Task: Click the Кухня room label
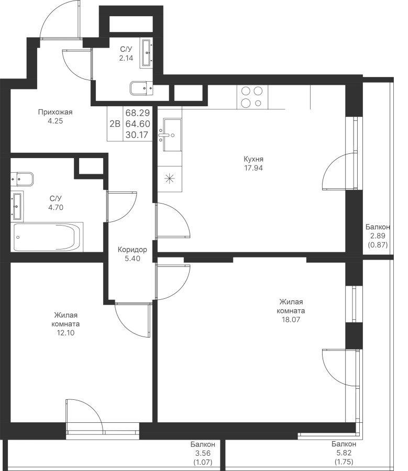pos(253,159)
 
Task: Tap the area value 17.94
pos(253,168)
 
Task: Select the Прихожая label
pos(56,113)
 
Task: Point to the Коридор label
pos(133,250)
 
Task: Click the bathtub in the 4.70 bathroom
pos(47,237)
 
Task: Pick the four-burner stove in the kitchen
pos(252,97)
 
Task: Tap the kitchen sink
pos(172,134)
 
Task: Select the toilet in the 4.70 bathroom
pos(22,180)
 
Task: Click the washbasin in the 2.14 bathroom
pos(147,53)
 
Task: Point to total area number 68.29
pos(137,113)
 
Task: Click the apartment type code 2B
pos(115,124)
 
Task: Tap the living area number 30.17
pos(137,135)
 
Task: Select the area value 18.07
pos(291,320)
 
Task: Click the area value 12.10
pos(65,333)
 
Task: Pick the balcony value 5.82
pos(344,453)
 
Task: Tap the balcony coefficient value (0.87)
pos(378,245)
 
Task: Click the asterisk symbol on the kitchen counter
pos(170,179)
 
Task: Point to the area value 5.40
pos(133,259)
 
